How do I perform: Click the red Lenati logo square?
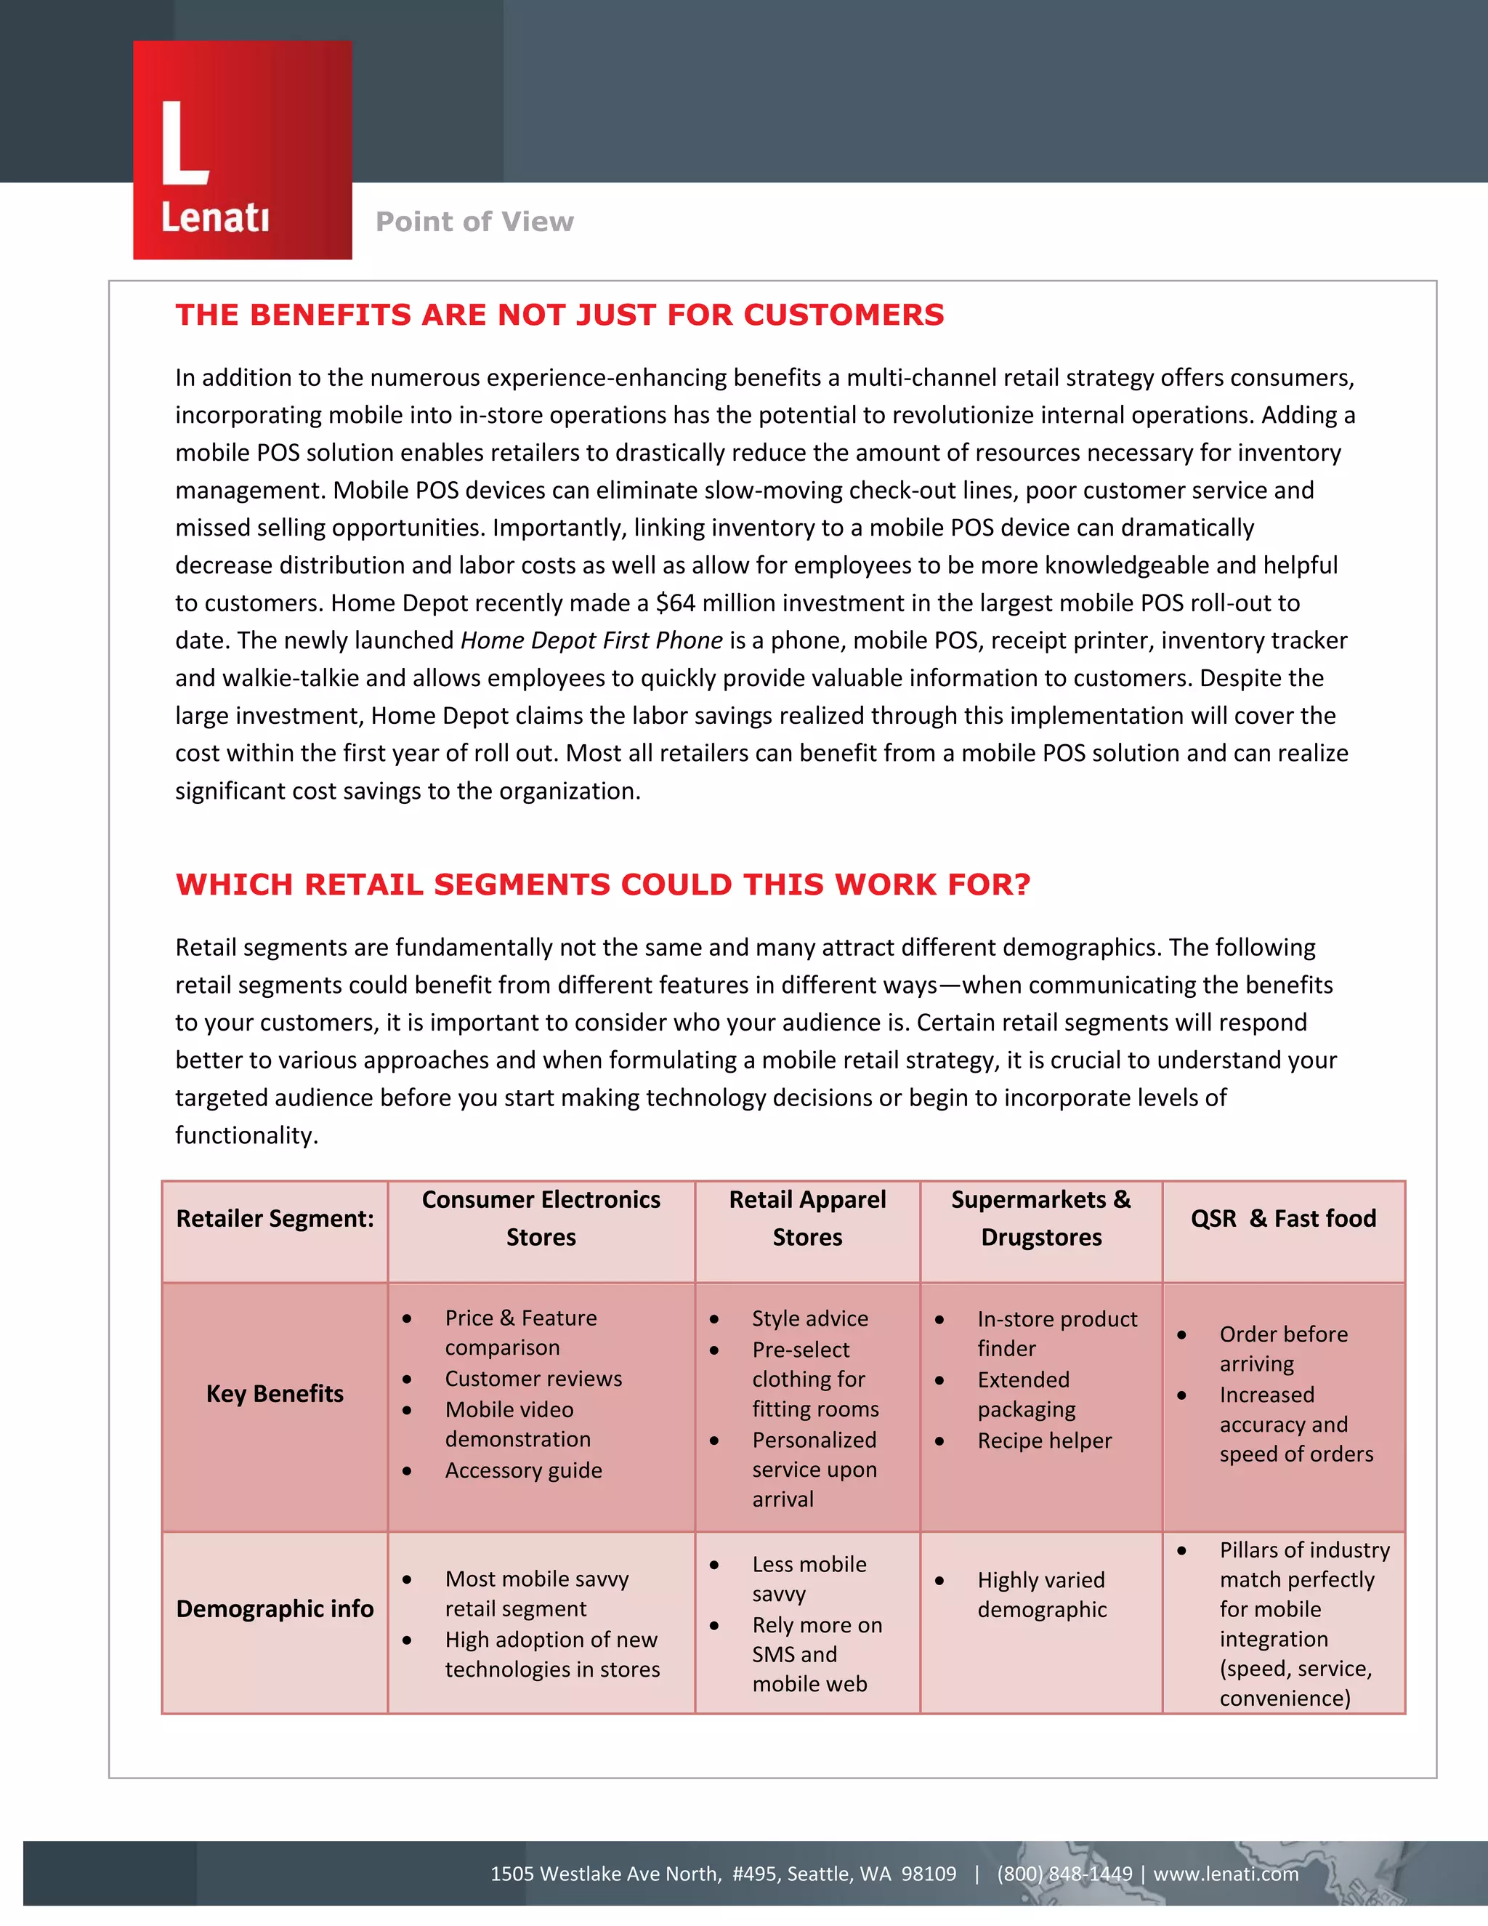coord(243,150)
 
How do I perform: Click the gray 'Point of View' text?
coord(474,222)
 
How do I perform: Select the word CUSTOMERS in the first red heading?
coord(844,315)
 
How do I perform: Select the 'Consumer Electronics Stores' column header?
coord(541,1218)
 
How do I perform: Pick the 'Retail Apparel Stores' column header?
coord(807,1218)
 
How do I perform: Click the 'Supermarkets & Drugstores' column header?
coord(1041,1218)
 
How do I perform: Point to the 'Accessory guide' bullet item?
coord(524,1470)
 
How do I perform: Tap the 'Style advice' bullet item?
coord(809,1318)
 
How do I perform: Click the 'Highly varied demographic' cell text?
coord(1041,1595)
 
